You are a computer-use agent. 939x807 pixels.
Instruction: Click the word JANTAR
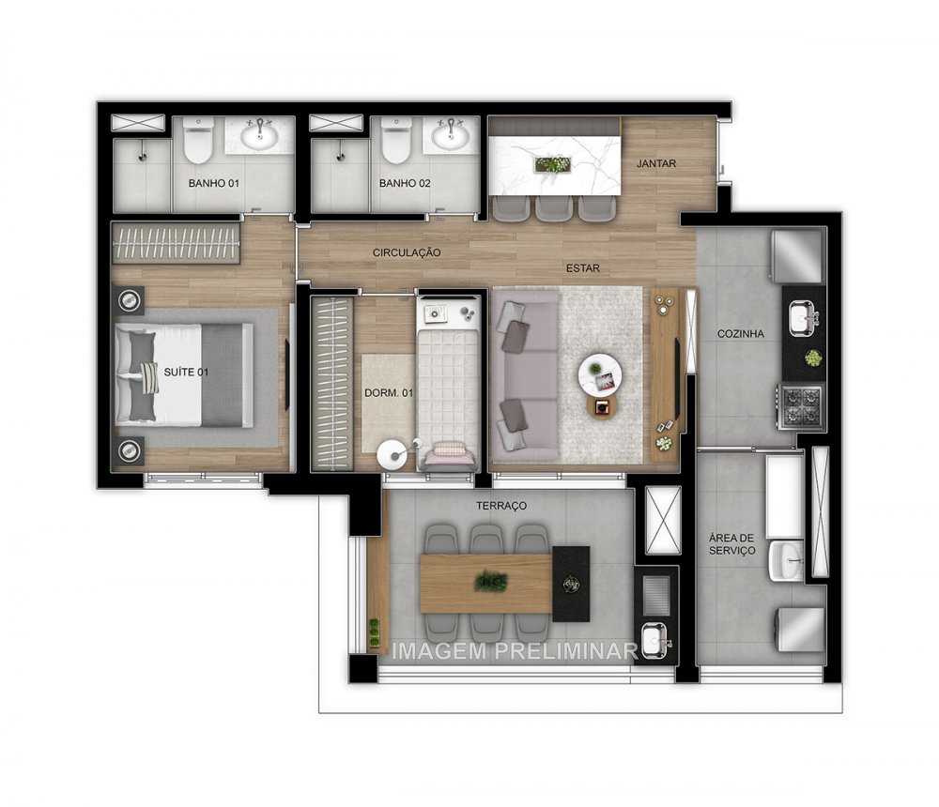tap(656, 163)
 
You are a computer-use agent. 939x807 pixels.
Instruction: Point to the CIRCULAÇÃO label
tap(407, 252)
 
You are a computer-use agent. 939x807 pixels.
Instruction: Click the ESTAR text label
tap(582, 268)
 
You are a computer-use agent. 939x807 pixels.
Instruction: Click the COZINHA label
tap(741, 333)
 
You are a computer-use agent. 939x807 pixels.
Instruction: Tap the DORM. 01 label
tap(388, 392)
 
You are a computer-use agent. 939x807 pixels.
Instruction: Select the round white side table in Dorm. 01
tap(389, 454)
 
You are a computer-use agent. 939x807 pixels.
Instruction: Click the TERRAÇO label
tap(501, 506)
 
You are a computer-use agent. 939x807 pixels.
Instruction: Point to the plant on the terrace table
tap(490, 582)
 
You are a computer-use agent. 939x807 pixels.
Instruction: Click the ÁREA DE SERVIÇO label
tap(732, 543)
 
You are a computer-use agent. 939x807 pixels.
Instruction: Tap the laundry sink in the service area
tap(785, 560)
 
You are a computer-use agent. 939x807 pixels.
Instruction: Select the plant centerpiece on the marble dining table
tap(552, 165)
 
